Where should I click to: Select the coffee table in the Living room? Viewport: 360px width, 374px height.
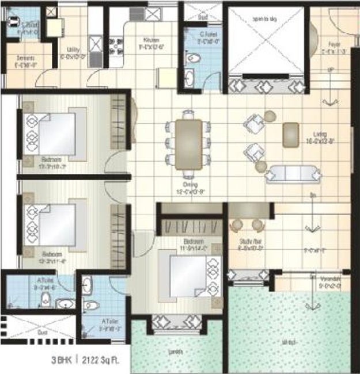[x=291, y=134]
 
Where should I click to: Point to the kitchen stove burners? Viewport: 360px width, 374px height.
[x=116, y=45]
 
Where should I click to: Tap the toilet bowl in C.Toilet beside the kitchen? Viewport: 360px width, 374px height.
[x=195, y=57]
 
